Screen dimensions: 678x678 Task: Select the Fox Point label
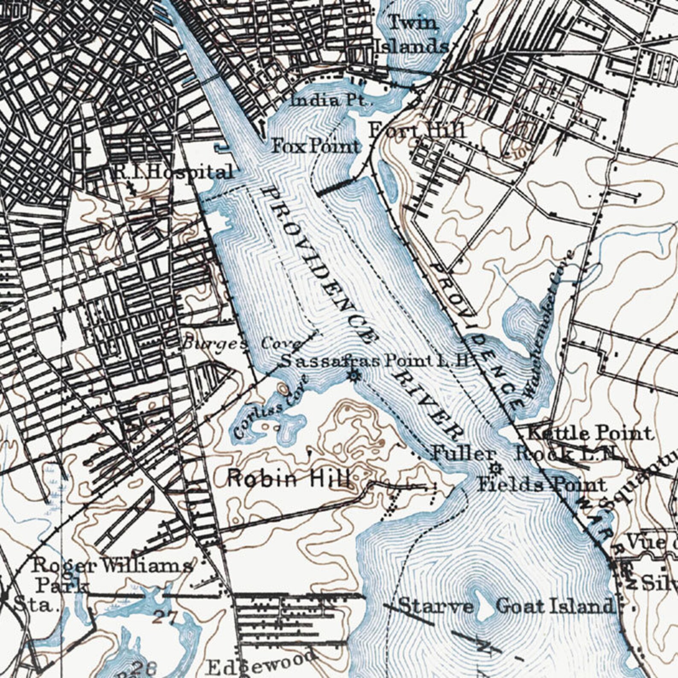tap(316, 146)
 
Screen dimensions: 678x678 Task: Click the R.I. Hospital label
tap(173, 172)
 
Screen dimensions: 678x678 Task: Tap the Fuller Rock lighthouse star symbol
tap(496, 468)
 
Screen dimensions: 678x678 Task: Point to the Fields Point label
tap(541, 485)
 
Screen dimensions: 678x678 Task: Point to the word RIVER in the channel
tap(427, 405)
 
